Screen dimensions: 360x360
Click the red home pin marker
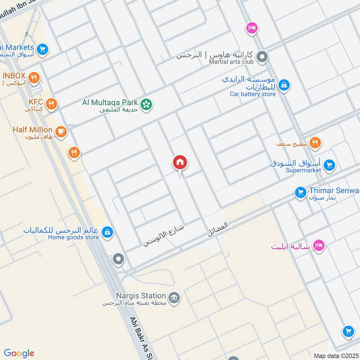pyautogui.click(x=180, y=163)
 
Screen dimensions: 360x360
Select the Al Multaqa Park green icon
pyautogui.click(x=146, y=105)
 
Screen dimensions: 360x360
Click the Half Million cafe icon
pyautogui.click(x=61, y=132)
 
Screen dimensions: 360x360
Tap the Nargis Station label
pyautogui.click(x=134, y=296)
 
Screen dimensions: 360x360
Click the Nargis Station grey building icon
pyautogui.click(x=174, y=297)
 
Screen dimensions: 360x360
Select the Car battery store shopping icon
pyautogui.click(x=284, y=85)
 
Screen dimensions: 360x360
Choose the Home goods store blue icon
pyautogui.click(x=107, y=232)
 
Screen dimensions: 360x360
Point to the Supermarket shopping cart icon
pyautogui.click(x=329, y=166)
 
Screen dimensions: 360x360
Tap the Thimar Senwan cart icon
pyautogui.click(x=300, y=193)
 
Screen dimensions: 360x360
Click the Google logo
pyautogui.click(x=19, y=353)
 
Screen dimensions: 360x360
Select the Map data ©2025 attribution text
pyautogui.click(x=337, y=355)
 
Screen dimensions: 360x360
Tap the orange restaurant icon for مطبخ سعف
pyautogui.click(x=315, y=143)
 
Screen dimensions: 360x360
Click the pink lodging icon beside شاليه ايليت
pyautogui.click(x=319, y=246)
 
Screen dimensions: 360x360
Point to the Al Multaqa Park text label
pyautogui.click(x=110, y=102)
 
